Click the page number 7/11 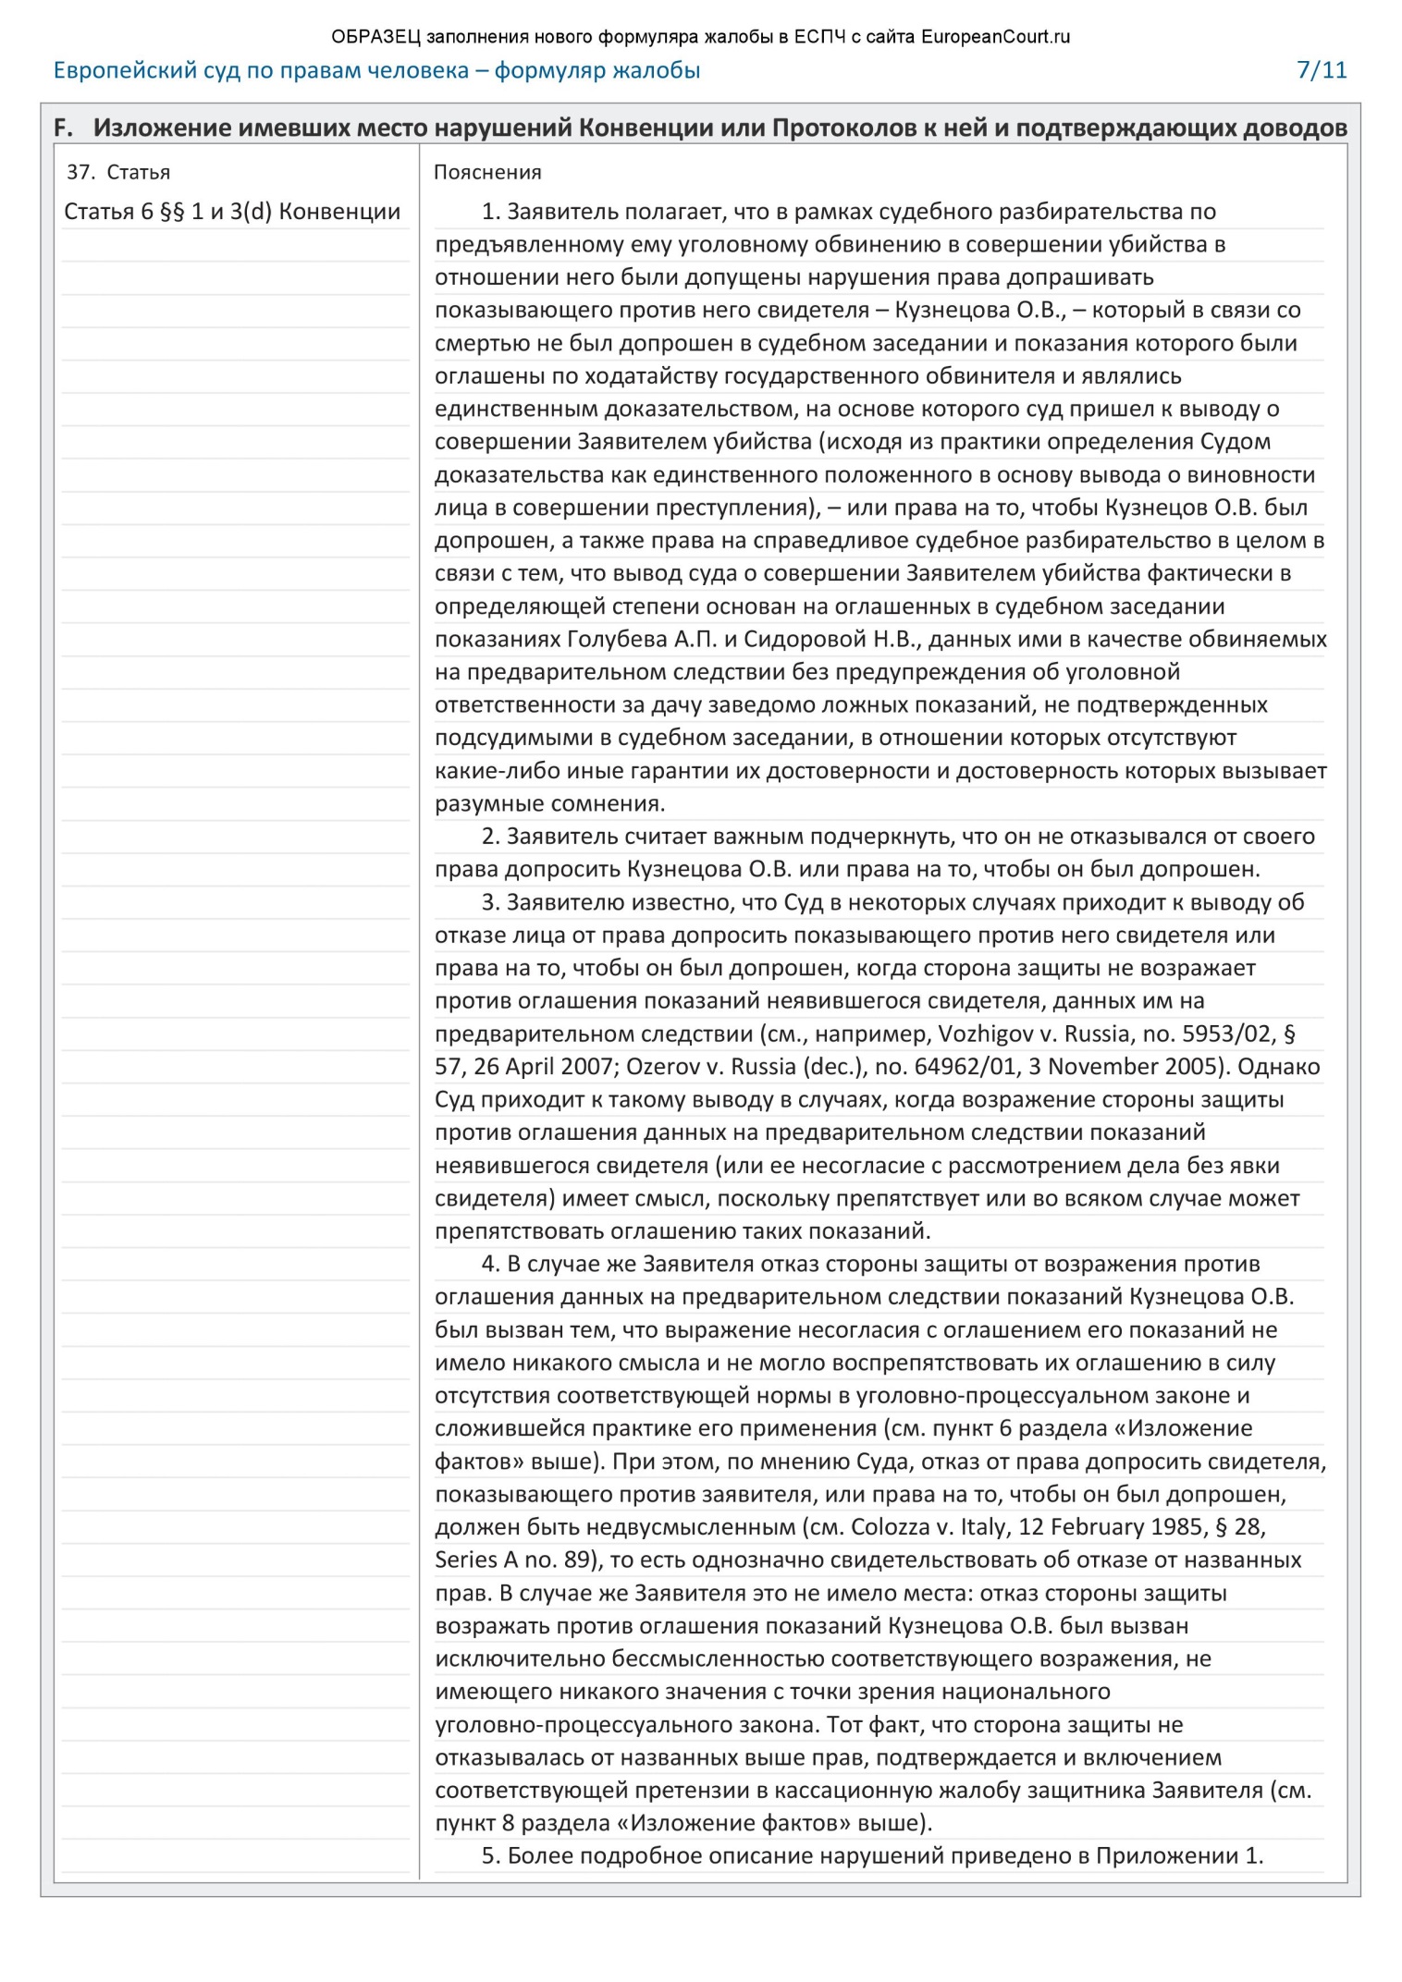tap(1322, 70)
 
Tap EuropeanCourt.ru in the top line tap(995, 37)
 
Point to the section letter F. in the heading tap(63, 128)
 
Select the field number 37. tap(80, 172)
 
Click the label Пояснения tap(487, 172)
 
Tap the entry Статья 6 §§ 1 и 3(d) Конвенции tap(232, 212)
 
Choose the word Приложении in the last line tap(1167, 1856)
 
